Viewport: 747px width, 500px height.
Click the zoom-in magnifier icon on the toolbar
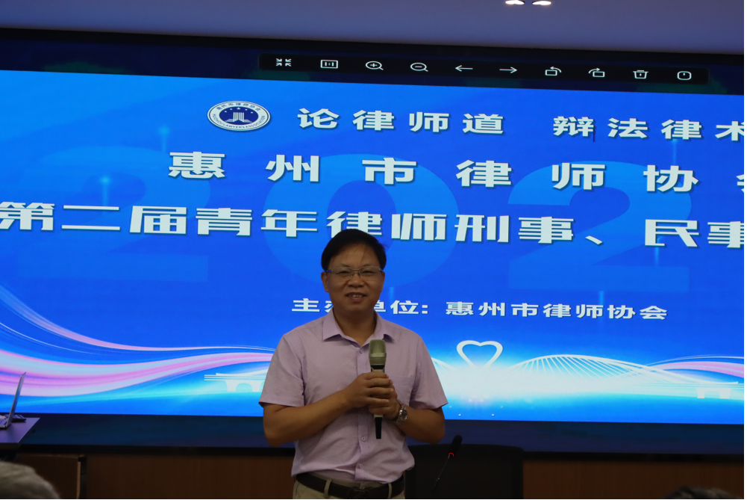click(x=374, y=66)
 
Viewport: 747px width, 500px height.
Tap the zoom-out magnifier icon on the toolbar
click(x=419, y=67)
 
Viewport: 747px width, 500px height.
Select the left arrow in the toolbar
click(x=463, y=68)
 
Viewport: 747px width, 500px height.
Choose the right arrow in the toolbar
click(x=508, y=70)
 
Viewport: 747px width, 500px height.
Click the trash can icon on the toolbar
click(x=640, y=74)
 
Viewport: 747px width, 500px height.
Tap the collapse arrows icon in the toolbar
click(x=284, y=63)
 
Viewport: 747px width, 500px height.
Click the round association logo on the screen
click(x=239, y=116)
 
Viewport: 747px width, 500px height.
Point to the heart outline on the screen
click(x=479, y=354)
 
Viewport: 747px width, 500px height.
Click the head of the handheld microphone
click(x=378, y=354)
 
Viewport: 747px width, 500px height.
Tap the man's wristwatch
click(x=402, y=412)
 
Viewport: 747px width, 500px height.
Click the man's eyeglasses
click(x=354, y=274)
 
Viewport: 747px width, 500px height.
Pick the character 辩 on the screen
click(x=573, y=126)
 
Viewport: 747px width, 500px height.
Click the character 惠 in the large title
click(x=197, y=165)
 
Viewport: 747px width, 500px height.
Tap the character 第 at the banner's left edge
click(x=27, y=216)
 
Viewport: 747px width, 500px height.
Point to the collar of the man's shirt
click(x=355, y=326)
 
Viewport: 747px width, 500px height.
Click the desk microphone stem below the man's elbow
click(x=447, y=460)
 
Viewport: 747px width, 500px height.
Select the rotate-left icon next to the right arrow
click(x=552, y=71)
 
